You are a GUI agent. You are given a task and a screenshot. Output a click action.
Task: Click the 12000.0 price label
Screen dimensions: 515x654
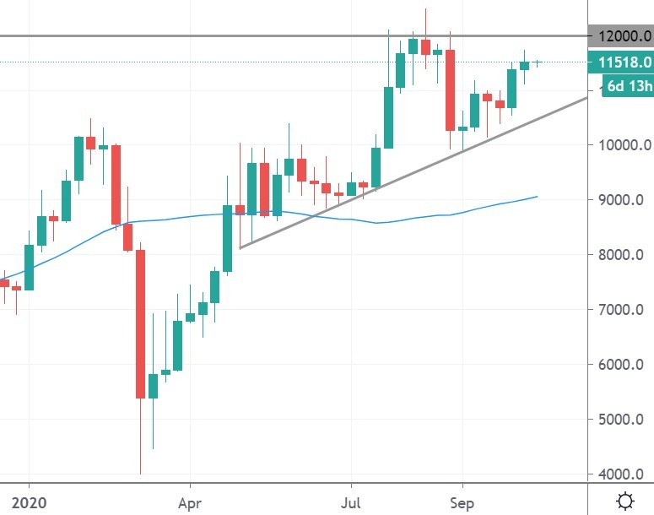point(624,37)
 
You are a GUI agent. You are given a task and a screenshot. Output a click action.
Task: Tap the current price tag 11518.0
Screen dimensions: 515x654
point(624,62)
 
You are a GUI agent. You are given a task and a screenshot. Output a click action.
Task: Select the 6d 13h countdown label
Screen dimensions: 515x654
point(628,86)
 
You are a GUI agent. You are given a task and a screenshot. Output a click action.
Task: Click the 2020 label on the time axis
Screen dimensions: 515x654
point(30,502)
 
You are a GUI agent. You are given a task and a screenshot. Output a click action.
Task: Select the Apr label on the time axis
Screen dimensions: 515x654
point(190,502)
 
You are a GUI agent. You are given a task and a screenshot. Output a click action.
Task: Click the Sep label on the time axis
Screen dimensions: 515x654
point(462,502)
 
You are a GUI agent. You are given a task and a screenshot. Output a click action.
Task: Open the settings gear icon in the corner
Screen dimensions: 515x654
point(625,501)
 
